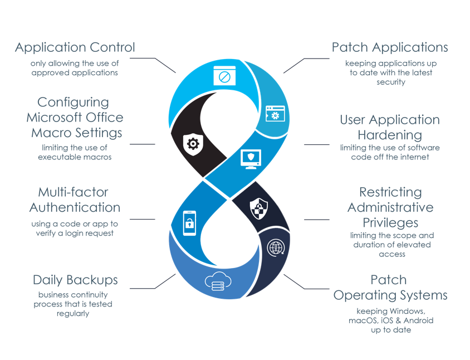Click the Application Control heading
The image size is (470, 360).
75,47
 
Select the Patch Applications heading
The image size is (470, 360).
389,47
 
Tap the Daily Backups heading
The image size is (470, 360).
75,280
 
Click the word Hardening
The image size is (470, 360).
389,135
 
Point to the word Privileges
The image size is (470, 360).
390,222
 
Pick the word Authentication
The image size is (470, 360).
75,207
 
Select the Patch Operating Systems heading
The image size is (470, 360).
390,288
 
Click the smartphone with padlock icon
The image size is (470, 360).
190,223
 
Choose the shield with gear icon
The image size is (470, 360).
193,144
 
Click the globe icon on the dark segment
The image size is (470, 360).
276,247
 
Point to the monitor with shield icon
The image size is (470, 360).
251,158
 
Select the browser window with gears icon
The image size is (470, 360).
275,114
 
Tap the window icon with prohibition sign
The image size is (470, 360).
224,76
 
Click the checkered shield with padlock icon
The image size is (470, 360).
259,210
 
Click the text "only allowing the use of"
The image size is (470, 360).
74,64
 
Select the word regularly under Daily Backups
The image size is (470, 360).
73,313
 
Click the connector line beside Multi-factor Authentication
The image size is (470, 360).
142,219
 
